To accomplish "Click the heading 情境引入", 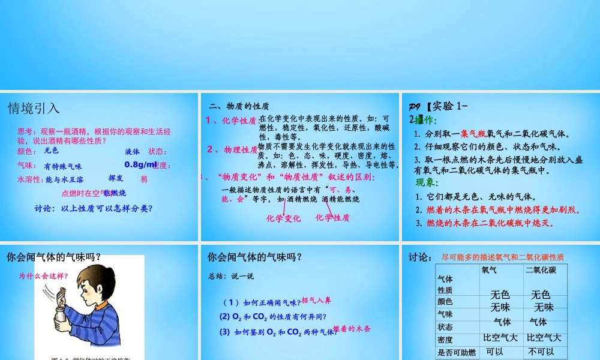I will tap(34, 109).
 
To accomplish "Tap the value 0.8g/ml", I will tap(140, 164).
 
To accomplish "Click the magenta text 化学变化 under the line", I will tap(284, 218).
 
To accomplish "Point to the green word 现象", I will tap(427, 182).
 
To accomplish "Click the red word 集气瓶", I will tap(473, 134).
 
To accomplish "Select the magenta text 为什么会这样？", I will tap(43, 276).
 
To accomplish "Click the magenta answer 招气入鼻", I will tap(316, 300).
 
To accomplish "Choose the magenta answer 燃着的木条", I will tap(352, 329).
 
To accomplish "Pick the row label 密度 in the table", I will tap(445, 340).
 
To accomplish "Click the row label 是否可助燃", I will tap(457, 352).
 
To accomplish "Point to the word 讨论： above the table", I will tap(421, 257).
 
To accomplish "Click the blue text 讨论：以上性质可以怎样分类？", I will tap(94, 209).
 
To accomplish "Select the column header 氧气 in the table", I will tap(489, 271).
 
